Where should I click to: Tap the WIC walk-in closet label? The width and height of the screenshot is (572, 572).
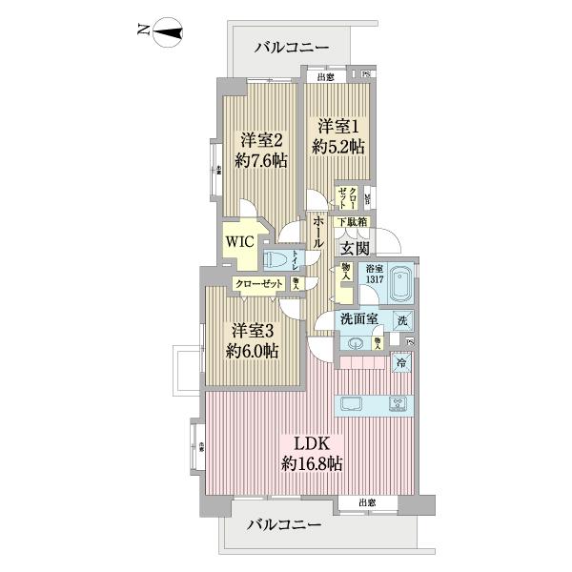click(239, 240)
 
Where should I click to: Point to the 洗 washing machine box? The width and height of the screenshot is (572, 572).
click(403, 321)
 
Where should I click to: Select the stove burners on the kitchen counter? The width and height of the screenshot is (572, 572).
click(398, 404)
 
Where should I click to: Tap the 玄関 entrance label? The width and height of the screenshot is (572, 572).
click(357, 247)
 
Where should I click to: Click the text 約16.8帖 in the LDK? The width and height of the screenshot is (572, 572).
click(312, 464)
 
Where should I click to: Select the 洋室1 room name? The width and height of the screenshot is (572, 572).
click(338, 126)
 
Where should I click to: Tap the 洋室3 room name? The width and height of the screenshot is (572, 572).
click(253, 330)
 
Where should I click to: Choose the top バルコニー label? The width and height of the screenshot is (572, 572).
click(292, 47)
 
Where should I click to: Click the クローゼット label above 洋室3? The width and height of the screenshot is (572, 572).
click(259, 284)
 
